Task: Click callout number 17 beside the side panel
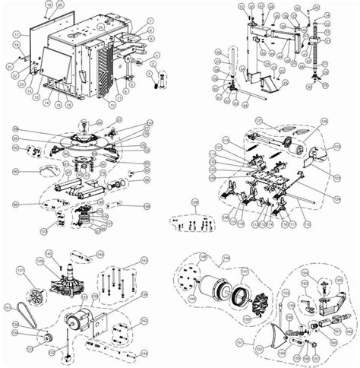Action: tap(16, 35)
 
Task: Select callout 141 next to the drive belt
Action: tap(8, 306)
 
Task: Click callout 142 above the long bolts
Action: tap(145, 261)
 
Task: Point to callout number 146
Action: tap(224, 259)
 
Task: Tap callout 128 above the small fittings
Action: tap(194, 203)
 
